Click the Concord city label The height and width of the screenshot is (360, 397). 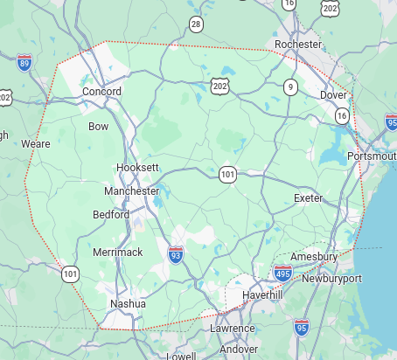tap(101, 92)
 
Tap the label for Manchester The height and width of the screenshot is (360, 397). tap(131, 190)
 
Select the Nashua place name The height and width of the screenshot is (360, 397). tap(122, 304)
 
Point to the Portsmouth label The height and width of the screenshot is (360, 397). tap(371, 156)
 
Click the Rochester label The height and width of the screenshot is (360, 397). tap(298, 44)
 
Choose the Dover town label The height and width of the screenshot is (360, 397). tap(333, 94)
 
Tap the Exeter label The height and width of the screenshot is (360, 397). tap(308, 198)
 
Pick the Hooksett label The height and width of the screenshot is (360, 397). tap(137, 167)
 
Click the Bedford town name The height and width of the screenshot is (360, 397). tap(111, 214)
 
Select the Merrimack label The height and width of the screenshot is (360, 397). tap(117, 253)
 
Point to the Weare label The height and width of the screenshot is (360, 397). tap(36, 143)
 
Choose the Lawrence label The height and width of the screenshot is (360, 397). tap(232, 329)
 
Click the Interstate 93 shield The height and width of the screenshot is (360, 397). tap(176, 254)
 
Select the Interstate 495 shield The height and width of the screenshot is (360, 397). tap(282, 273)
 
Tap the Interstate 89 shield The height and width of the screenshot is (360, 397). tap(24, 62)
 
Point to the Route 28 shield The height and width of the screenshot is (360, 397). tap(196, 24)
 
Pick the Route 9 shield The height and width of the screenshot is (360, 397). tap(290, 87)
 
